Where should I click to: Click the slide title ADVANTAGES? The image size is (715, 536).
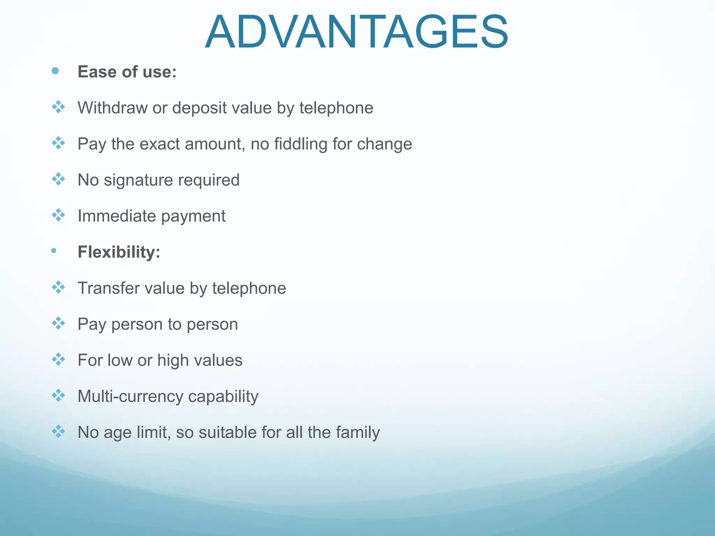pyautogui.click(x=356, y=32)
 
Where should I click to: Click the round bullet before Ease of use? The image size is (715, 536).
pyautogui.click(x=55, y=71)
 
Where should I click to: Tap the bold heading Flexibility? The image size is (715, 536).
pyautogui.click(x=119, y=252)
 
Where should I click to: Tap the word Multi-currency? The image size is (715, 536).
pyautogui.click(x=130, y=396)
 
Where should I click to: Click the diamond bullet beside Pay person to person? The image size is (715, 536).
pyautogui.click(x=58, y=323)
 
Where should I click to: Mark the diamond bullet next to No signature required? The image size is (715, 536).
pyautogui.click(x=58, y=179)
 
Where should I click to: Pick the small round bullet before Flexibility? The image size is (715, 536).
pyautogui.click(x=53, y=251)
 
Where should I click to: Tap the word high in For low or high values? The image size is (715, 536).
pyautogui.click(x=172, y=360)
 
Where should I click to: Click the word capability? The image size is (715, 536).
pyautogui.click(x=223, y=396)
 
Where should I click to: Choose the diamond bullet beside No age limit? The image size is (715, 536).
pyautogui.click(x=58, y=432)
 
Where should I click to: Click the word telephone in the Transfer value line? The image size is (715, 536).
pyautogui.click(x=249, y=288)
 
